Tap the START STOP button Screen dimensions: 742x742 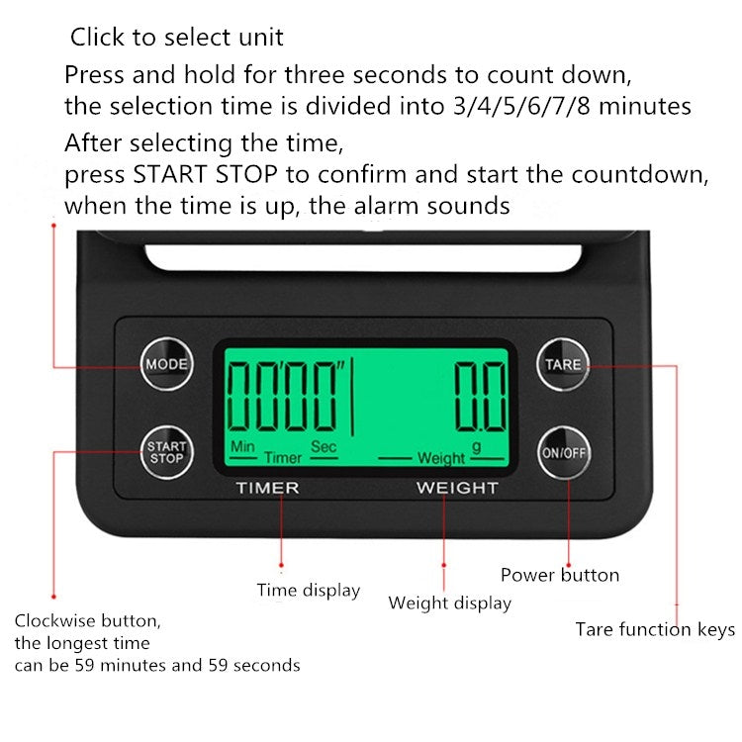click(x=166, y=452)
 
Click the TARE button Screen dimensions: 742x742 click(x=563, y=364)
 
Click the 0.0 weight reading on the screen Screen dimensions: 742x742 click(x=480, y=397)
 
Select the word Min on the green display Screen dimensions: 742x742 click(x=242, y=446)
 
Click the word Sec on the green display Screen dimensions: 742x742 click(x=324, y=446)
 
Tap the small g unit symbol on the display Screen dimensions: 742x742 click(x=477, y=447)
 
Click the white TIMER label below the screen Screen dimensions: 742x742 click(x=268, y=488)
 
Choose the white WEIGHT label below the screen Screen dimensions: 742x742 click(x=458, y=488)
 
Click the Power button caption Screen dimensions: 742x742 click(x=560, y=575)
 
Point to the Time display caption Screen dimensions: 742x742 click(x=309, y=591)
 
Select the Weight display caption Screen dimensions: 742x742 click(x=449, y=603)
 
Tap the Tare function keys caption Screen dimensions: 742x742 click(x=655, y=630)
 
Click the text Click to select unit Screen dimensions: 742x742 click(x=176, y=37)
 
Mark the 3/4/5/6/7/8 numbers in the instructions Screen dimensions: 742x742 click(x=522, y=106)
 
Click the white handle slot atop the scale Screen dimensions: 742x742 click(x=363, y=258)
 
